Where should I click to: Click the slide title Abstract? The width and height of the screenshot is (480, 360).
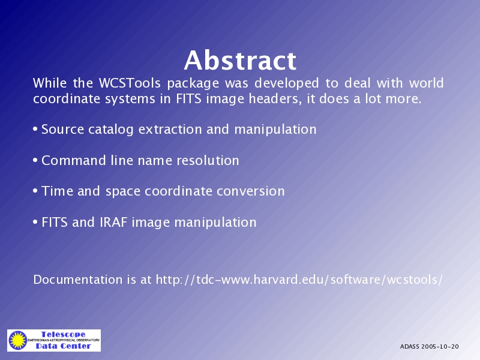pyautogui.click(x=241, y=61)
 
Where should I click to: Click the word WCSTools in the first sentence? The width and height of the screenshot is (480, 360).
pyautogui.click(x=130, y=83)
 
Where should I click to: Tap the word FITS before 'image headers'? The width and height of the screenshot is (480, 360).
pyautogui.click(x=188, y=98)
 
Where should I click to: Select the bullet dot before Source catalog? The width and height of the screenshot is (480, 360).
pyautogui.click(x=35, y=129)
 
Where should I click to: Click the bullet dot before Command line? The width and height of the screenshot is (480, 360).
pyautogui.click(x=35, y=160)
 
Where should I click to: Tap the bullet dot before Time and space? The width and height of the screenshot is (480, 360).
pyautogui.click(x=35, y=191)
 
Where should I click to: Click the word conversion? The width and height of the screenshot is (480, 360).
pyautogui.click(x=251, y=191)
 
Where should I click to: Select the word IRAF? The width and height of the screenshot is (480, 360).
pyautogui.click(x=113, y=222)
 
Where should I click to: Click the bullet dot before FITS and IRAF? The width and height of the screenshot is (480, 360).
pyautogui.click(x=35, y=222)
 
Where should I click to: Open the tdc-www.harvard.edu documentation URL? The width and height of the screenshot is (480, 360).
pyautogui.click(x=299, y=280)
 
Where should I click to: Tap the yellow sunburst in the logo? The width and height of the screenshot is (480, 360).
pyautogui.click(x=18, y=340)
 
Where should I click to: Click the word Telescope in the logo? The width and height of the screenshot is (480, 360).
pyautogui.click(x=64, y=334)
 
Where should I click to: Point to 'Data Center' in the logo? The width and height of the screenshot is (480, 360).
pyautogui.click(x=64, y=346)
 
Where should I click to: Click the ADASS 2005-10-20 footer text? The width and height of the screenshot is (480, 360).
pyautogui.click(x=429, y=347)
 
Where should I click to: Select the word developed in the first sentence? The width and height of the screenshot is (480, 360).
pyautogui.click(x=287, y=83)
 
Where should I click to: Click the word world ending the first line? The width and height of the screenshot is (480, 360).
pyautogui.click(x=427, y=83)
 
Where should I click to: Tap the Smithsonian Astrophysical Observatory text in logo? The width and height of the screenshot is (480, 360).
pyautogui.click(x=64, y=340)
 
